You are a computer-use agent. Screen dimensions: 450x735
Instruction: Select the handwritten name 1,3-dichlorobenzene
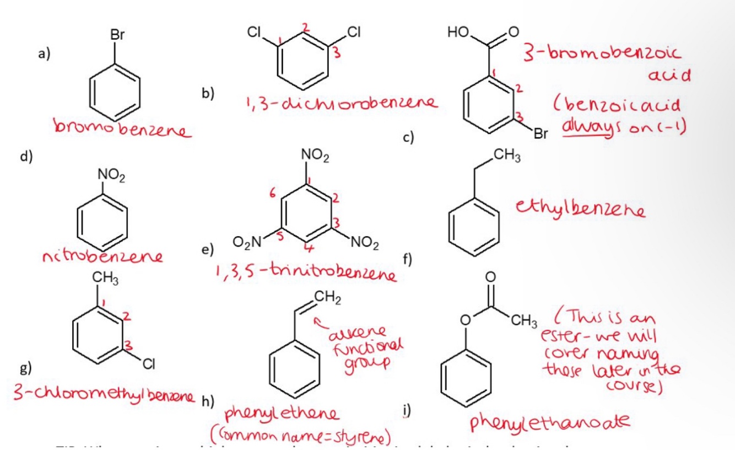(336, 103)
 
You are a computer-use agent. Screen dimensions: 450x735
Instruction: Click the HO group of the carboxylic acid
(460, 33)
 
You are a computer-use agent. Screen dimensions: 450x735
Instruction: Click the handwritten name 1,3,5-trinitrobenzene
(305, 272)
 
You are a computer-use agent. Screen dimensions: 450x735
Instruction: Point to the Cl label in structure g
(148, 363)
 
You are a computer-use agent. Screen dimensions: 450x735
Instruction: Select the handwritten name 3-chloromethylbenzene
(102, 395)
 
